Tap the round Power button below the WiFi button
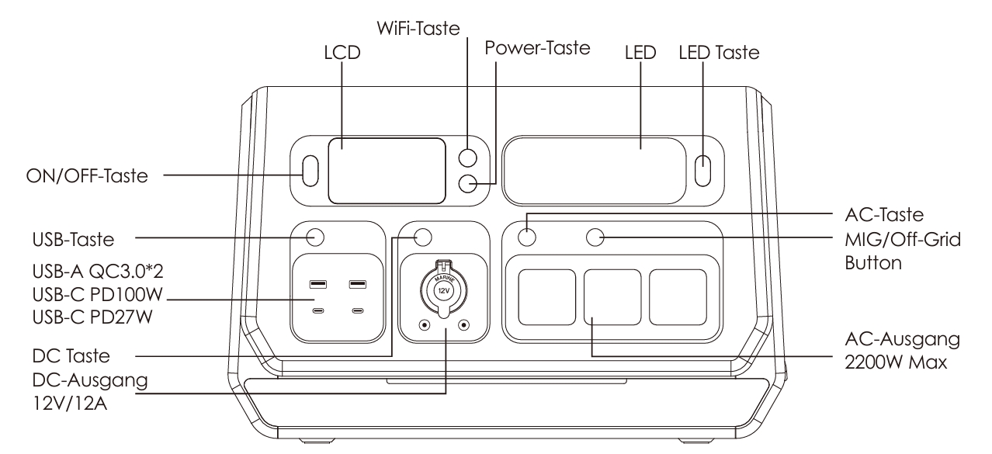[x=468, y=184]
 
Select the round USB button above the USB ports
[x=315, y=236]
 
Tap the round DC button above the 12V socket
[x=424, y=236]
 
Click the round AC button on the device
[x=527, y=237]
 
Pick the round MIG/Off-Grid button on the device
[x=595, y=237]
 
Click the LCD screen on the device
[x=386, y=171]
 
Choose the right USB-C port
[x=357, y=312]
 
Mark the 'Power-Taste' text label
[x=538, y=47]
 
